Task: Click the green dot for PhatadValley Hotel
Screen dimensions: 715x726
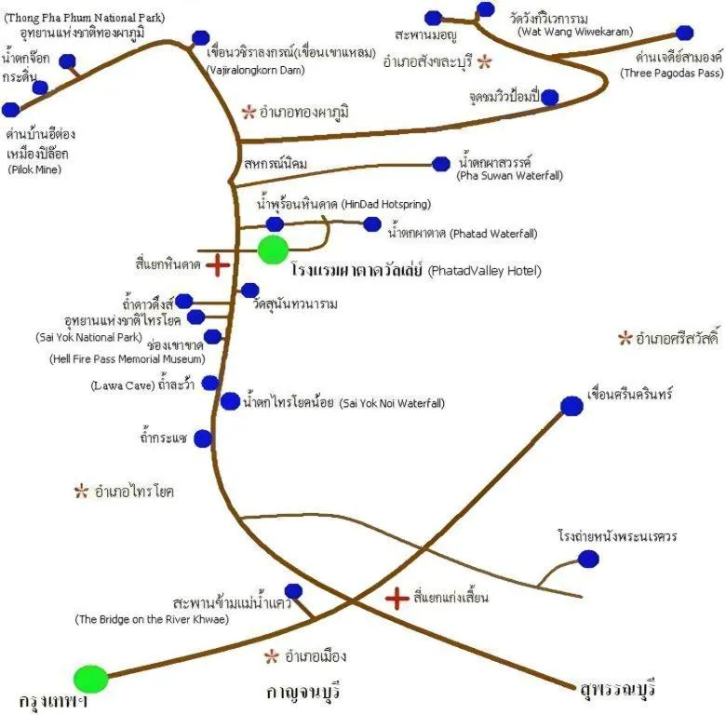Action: pyautogui.click(x=273, y=250)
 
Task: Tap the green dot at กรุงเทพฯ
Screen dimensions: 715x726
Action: pyautogui.click(x=91, y=679)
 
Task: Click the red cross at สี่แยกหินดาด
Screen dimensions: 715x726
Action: pyautogui.click(x=218, y=266)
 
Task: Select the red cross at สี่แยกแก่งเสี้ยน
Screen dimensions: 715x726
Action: pyautogui.click(x=397, y=598)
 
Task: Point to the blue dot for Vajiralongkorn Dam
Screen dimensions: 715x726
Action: pyautogui.click(x=200, y=38)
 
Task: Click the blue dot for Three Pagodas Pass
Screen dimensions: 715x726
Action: pyautogui.click(x=684, y=34)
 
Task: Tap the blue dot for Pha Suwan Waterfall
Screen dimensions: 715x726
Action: pyautogui.click(x=441, y=164)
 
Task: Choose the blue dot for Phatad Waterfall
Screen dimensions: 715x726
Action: pyautogui.click(x=372, y=223)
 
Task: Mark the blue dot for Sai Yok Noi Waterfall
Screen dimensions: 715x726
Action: pyautogui.click(x=230, y=401)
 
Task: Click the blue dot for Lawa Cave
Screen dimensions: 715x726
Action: pyautogui.click(x=210, y=383)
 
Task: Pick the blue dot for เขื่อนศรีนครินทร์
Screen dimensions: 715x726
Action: pyautogui.click(x=571, y=406)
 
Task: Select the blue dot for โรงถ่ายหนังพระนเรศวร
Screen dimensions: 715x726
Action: pyautogui.click(x=588, y=559)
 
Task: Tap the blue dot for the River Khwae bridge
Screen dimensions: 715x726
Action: pyautogui.click(x=293, y=591)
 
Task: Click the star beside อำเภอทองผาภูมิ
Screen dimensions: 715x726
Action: pyautogui.click(x=248, y=113)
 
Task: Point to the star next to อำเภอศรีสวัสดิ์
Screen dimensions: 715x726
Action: pyautogui.click(x=625, y=338)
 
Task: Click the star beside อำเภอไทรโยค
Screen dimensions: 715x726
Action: pyautogui.click(x=82, y=490)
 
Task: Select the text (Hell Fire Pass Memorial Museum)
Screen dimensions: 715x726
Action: pyautogui.click(x=127, y=358)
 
